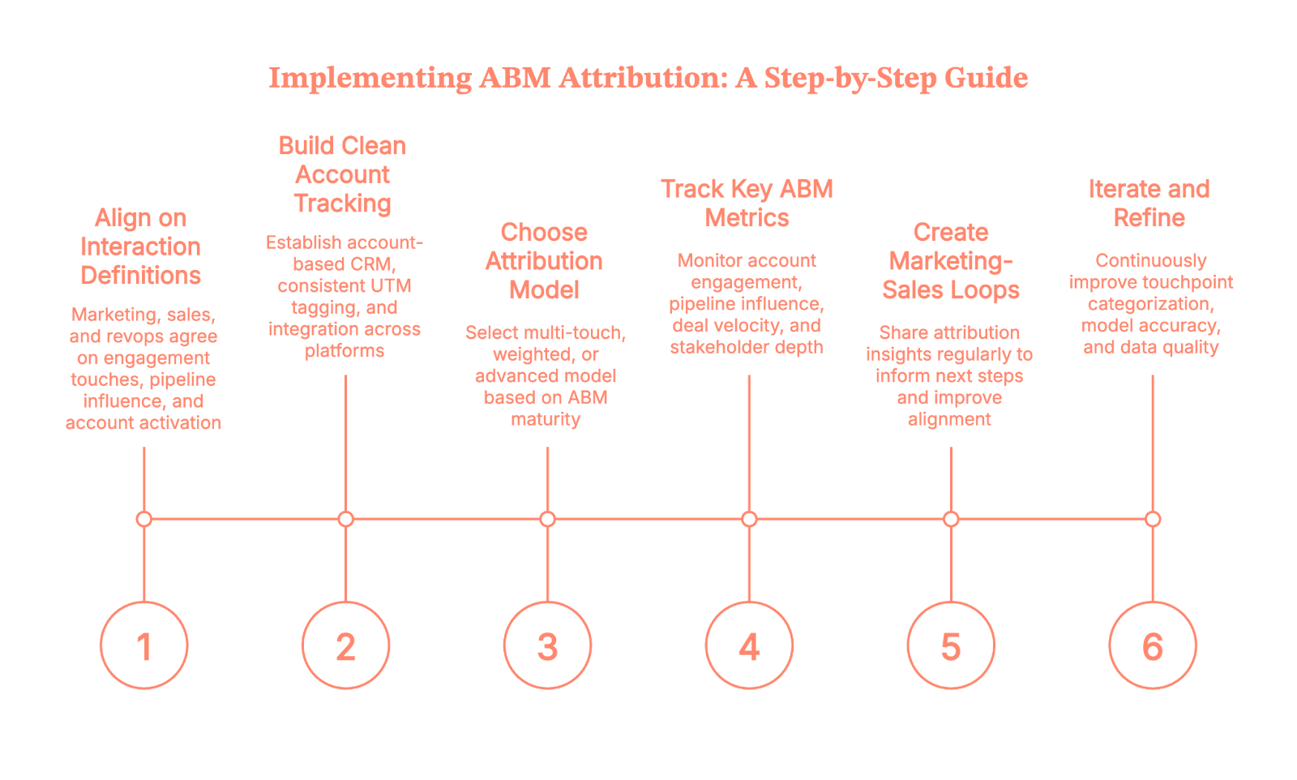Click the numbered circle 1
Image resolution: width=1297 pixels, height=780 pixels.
pyautogui.click(x=143, y=645)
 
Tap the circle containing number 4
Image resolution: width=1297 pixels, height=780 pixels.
pyautogui.click(x=749, y=645)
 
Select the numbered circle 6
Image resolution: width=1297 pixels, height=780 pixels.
pyautogui.click(x=1152, y=645)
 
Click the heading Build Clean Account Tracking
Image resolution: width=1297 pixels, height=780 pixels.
pyautogui.click(x=342, y=174)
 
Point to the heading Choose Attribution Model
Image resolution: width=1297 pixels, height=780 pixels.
pyautogui.click(x=544, y=261)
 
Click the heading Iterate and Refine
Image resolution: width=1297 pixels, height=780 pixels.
pyautogui.click(x=1149, y=204)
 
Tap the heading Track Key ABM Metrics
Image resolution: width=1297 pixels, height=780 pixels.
pyautogui.click(x=747, y=204)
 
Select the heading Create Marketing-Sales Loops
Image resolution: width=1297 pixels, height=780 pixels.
pyautogui.click(x=950, y=261)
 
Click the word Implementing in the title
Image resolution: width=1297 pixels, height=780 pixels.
pyautogui.click(x=369, y=78)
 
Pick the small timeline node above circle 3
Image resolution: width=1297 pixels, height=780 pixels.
pyautogui.click(x=547, y=519)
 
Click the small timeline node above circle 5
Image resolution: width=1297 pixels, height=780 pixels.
pyautogui.click(x=951, y=519)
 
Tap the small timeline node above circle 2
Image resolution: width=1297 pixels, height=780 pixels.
pyautogui.click(x=346, y=519)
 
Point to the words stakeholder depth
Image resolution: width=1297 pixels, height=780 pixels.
pyautogui.click(x=747, y=348)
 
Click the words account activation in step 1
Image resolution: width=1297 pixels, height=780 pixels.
pyautogui.click(x=143, y=423)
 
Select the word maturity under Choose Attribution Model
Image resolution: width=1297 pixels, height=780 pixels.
pyautogui.click(x=546, y=419)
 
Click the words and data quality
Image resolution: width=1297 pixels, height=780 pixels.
pyautogui.click(x=1150, y=348)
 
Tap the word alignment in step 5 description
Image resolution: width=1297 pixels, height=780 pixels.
pyautogui.click(x=949, y=419)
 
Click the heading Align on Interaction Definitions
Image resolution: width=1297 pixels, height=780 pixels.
pyautogui.click(x=140, y=246)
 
